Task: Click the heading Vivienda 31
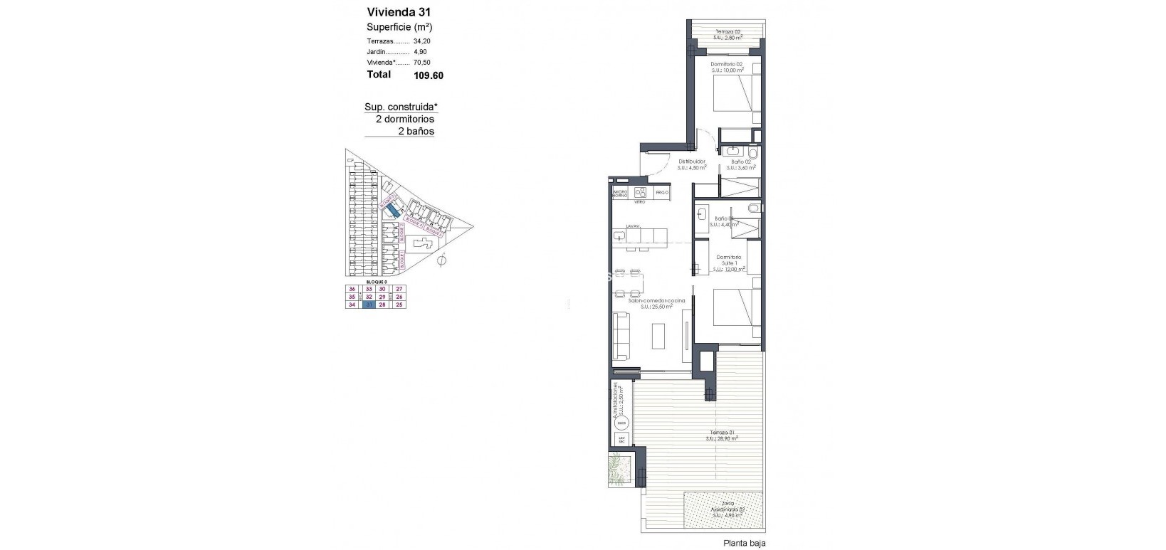tap(399, 12)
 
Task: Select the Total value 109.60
tap(429, 75)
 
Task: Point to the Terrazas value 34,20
tap(422, 41)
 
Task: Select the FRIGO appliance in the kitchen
tap(662, 193)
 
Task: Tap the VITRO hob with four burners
tap(639, 194)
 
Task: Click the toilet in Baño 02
tap(754, 153)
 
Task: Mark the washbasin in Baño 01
tap(702, 213)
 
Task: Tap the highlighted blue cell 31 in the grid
tap(369, 305)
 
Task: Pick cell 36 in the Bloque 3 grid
tap(352, 289)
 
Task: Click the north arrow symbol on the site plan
tap(441, 261)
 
